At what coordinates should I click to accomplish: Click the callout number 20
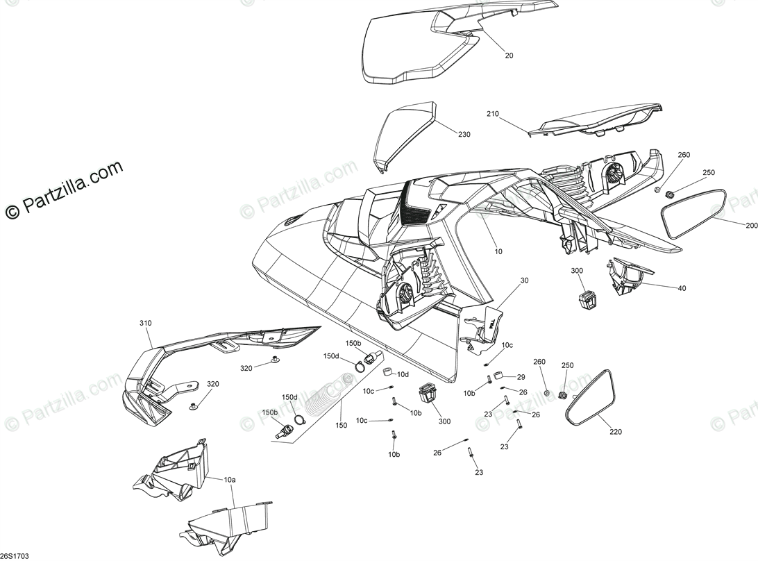(509, 56)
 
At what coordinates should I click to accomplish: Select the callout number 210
(493, 114)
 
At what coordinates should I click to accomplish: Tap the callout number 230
(464, 134)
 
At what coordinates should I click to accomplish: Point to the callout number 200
(752, 226)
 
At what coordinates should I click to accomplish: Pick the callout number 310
(145, 324)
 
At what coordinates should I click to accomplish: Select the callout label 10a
(230, 480)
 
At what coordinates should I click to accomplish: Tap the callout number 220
(616, 432)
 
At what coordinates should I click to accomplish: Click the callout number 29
(521, 377)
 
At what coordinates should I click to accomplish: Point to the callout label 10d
(403, 374)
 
